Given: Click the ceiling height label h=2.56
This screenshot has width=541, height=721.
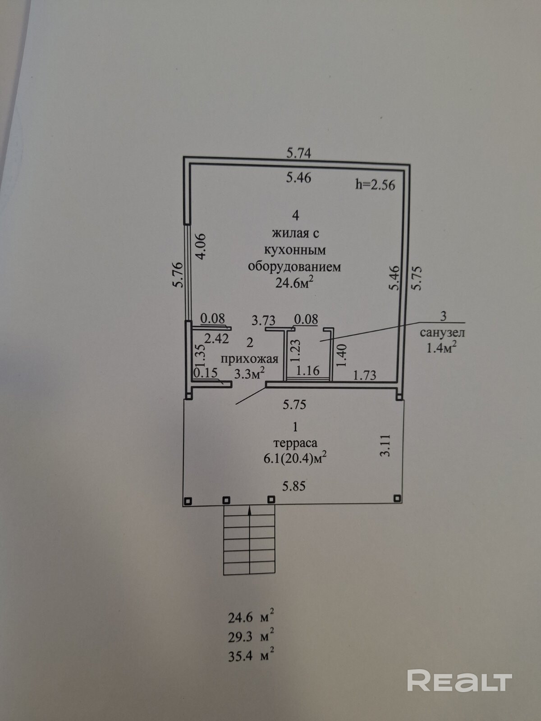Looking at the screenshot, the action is pyautogui.click(x=375, y=185).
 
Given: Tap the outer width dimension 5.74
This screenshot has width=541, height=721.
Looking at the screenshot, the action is pyautogui.click(x=298, y=153).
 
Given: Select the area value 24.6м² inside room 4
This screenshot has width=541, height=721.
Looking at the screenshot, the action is pyautogui.click(x=293, y=283).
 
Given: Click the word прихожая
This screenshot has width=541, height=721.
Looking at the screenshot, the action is pyautogui.click(x=249, y=359).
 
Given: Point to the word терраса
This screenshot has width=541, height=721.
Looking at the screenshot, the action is pyautogui.click(x=295, y=443).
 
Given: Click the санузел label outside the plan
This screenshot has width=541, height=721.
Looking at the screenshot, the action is pyautogui.click(x=442, y=333).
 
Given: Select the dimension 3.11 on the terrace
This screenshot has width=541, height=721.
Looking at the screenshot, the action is pyautogui.click(x=385, y=445).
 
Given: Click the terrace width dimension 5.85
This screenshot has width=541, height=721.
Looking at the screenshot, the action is pyautogui.click(x=294, y=486).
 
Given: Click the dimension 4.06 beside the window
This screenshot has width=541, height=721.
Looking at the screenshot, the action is pyautogui.click(x=200, y=246).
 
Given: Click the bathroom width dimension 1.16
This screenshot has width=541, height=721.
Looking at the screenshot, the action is pyautogui.click(x=308, y=370).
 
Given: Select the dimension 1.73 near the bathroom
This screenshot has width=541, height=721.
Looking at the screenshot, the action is pyautogui.click(x=365, y=375).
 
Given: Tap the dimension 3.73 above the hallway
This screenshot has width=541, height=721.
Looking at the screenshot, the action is pyautogui.click(x=263, y=320).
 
